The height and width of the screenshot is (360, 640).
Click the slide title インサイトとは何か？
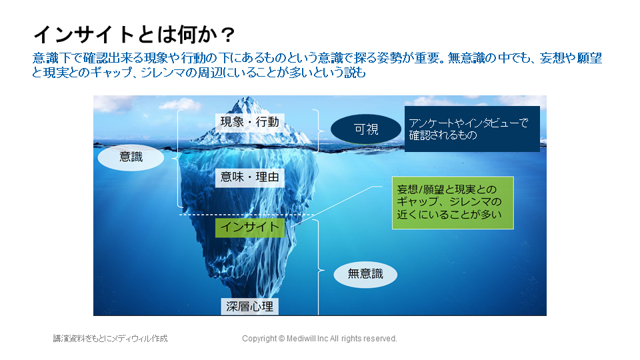134,34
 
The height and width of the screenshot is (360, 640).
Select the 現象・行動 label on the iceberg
249,121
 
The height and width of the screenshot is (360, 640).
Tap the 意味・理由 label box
249,177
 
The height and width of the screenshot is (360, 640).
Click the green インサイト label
249,227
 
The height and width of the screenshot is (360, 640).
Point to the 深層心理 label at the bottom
249,307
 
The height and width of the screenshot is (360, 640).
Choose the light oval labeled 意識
131,157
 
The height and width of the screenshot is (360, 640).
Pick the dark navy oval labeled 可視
366,129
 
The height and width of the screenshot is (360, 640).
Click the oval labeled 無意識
365,274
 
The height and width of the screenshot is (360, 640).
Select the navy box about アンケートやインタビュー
472,129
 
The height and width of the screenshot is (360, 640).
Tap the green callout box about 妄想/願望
453,203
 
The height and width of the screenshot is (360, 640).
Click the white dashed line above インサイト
247,215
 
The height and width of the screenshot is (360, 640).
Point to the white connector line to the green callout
336,207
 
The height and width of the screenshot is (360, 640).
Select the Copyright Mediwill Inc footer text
319,339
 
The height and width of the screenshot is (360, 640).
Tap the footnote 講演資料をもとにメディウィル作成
110,339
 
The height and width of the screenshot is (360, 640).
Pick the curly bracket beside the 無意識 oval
319,267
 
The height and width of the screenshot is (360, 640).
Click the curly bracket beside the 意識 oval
177,159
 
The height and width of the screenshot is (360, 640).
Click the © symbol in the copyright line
281,339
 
